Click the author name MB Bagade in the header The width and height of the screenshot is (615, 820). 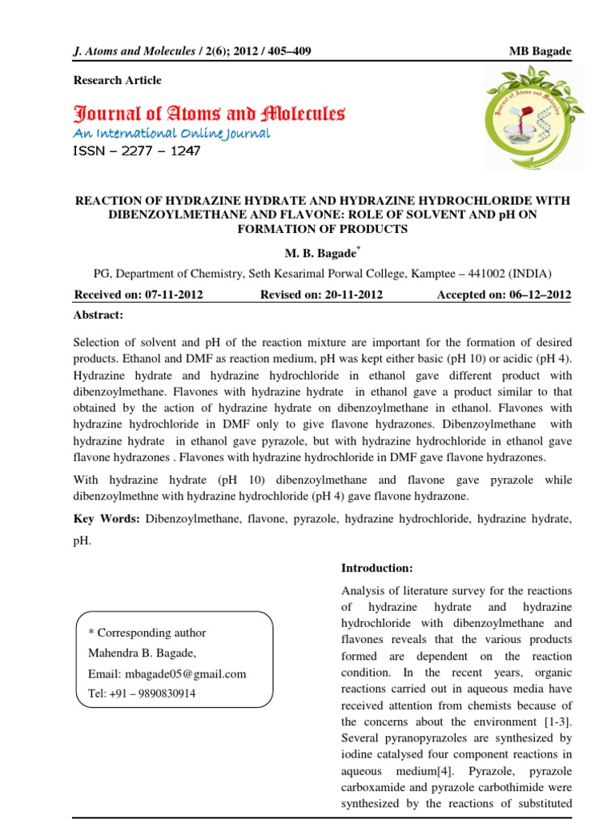(541, 52)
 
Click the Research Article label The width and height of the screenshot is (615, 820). (117, 80)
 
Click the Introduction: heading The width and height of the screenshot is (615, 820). (377, 568)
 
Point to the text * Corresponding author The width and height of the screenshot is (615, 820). (147, 633)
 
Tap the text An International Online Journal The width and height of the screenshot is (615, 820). (171, 133)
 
